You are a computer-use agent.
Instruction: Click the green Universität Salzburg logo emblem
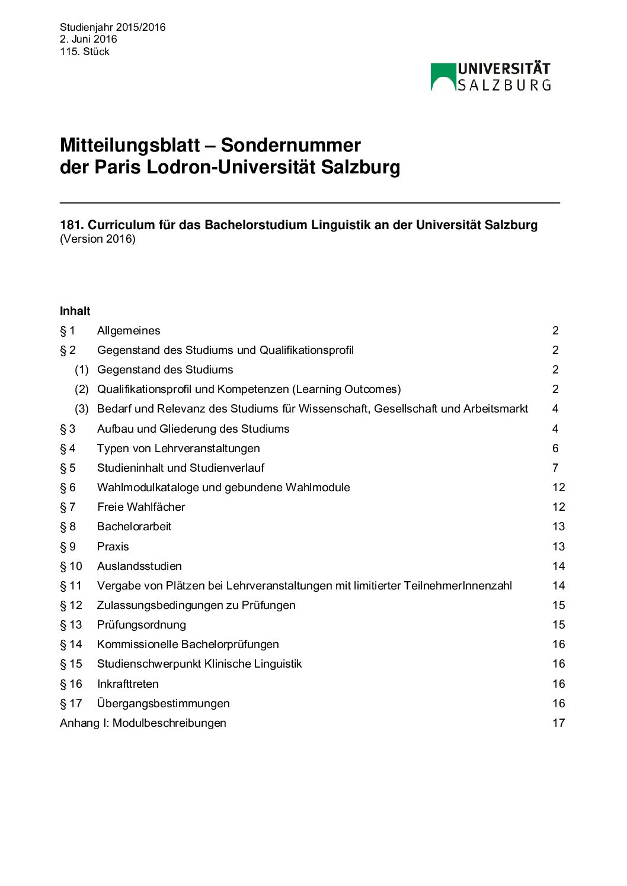[443, 77]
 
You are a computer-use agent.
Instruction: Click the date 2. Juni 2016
[88, 39]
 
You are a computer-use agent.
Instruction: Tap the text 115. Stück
[85, 51]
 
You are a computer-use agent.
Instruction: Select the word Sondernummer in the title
[290, 145]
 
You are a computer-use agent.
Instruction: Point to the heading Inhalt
[75, 311]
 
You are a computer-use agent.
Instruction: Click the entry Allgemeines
[129, 331]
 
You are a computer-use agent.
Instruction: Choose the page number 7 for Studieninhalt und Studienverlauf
[555, 468]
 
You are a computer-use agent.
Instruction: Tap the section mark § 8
[68, 527]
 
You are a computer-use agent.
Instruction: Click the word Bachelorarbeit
[134, 527]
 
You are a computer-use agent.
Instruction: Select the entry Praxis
[113, 546]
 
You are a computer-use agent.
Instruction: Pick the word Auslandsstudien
[139, 566]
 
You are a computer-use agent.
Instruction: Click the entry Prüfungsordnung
[141, 625]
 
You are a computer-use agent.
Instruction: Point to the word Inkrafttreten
[127, 684]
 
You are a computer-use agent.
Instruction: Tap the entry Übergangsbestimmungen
[163, 704]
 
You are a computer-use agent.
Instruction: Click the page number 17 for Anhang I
[559, 723]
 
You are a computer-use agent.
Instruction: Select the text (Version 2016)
[98, 239]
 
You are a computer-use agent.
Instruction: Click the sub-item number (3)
[82, 409]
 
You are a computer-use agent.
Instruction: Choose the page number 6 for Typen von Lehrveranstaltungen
[555, 449]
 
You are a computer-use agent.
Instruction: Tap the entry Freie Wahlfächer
[141, 507]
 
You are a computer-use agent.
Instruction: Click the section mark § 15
[71, 664]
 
